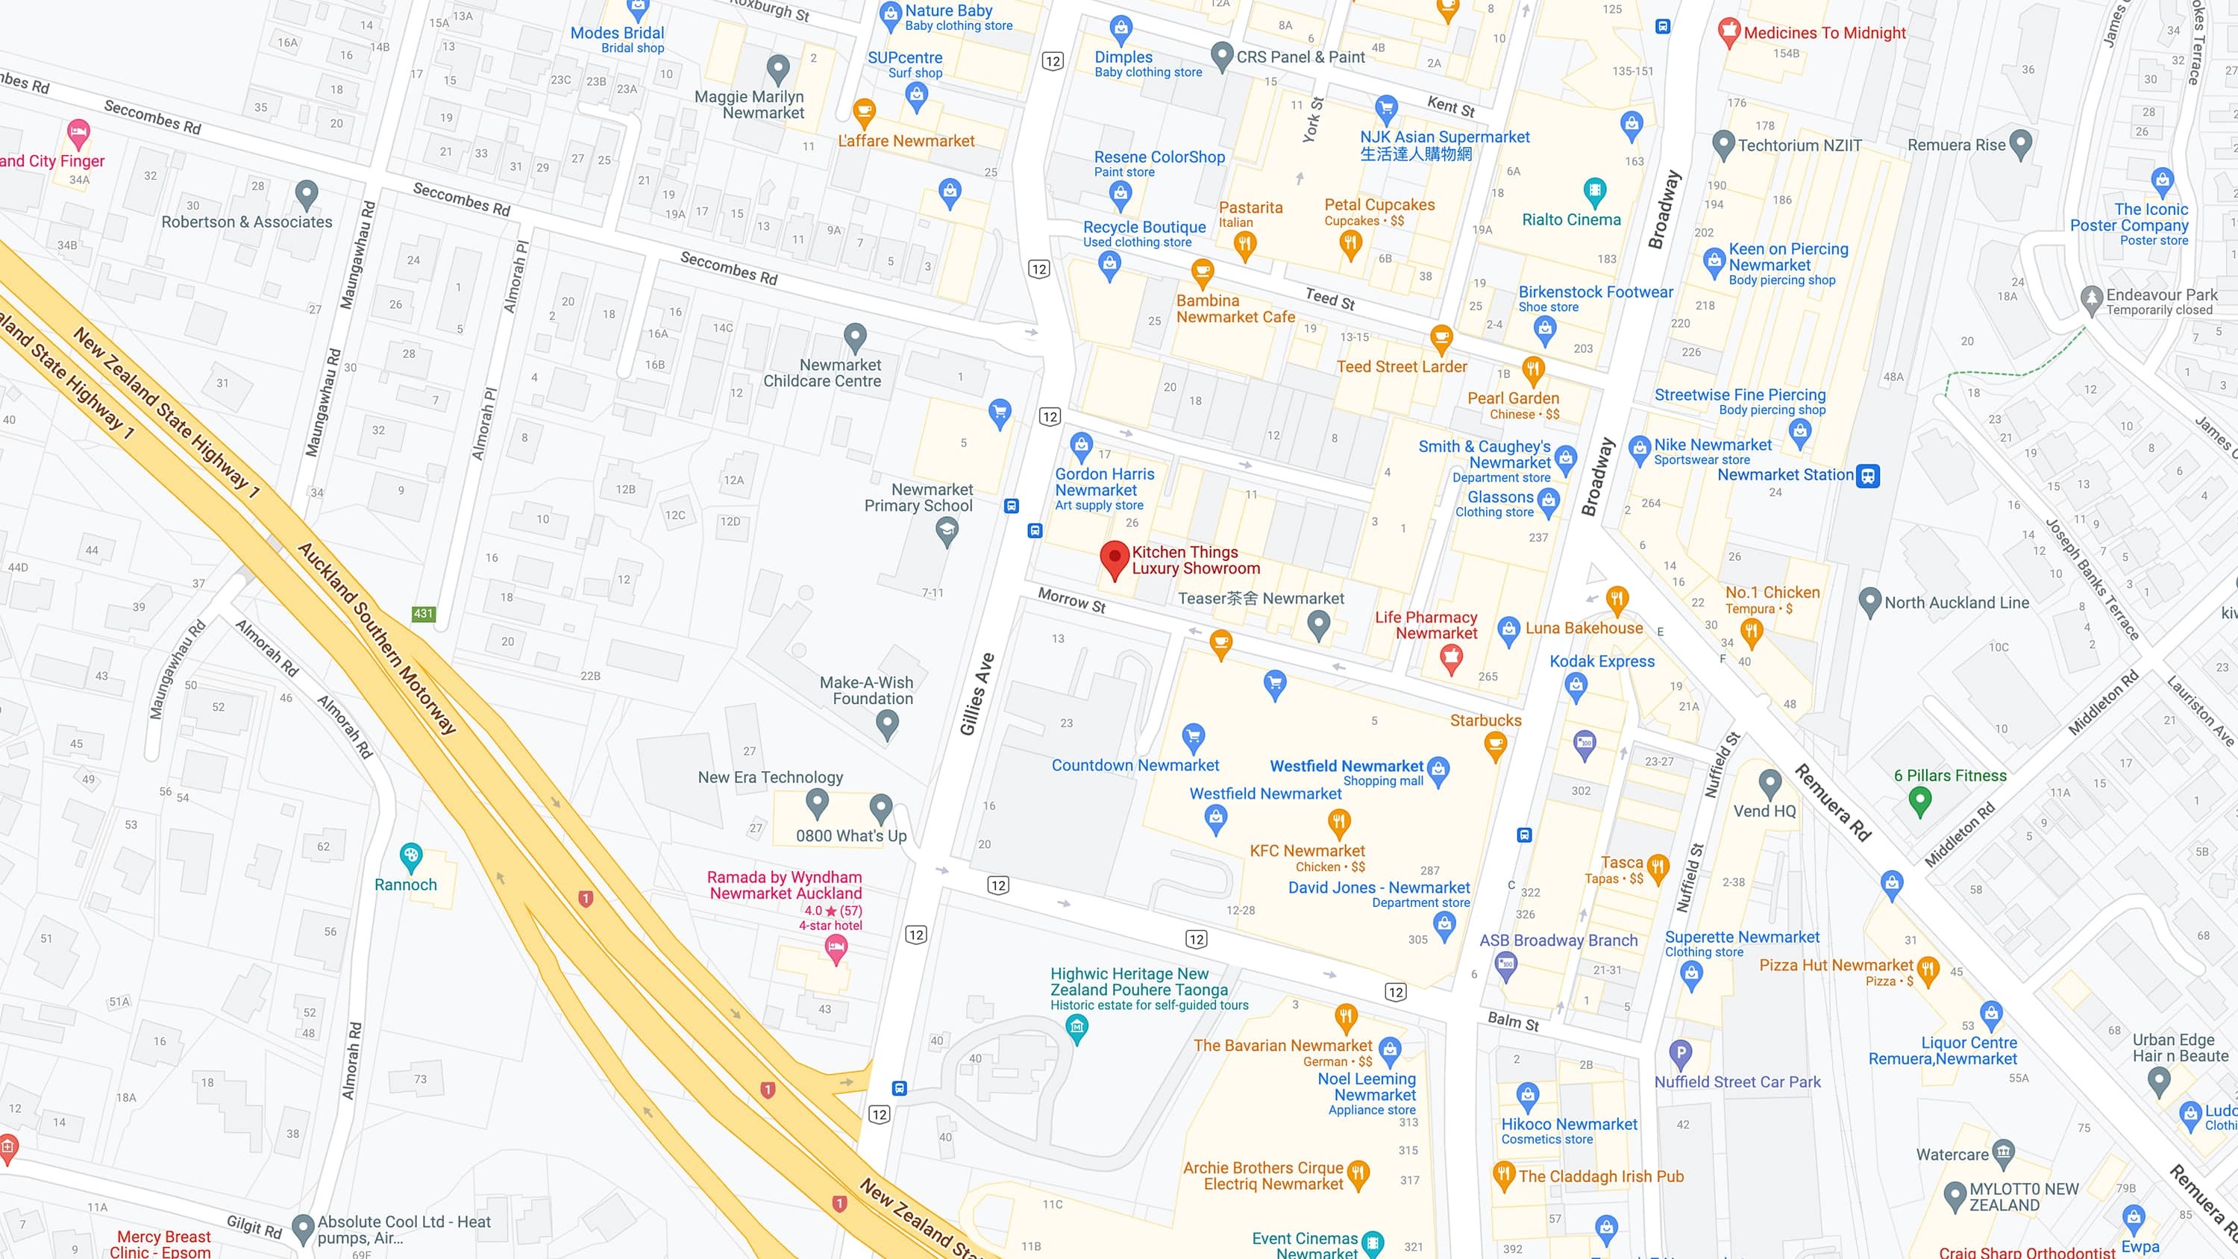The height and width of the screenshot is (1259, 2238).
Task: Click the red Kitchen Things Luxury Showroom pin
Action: (x=1114, y=559)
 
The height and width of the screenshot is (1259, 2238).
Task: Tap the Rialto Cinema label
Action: (x=1571, y=220)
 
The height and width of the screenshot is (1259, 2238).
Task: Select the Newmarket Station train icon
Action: (x=1868, y=475)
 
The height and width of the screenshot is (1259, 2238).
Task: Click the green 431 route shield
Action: (x=423, y=613)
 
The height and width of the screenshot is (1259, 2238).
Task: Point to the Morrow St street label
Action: (x=1072, y=600)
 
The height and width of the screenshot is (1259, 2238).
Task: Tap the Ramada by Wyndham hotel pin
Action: (x=836, y=949)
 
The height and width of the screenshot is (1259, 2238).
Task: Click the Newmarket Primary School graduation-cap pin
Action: (x=947, y=531)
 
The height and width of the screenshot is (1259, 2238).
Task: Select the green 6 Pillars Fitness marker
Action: (x=1920, y=800)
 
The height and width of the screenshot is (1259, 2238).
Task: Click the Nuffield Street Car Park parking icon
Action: (x=1680, y=1054)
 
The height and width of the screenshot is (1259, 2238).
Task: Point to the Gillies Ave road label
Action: (x=977, y=694)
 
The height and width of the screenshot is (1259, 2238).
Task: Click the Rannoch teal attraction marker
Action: (x=410, y=857)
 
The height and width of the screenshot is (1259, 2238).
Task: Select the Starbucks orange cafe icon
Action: (x=1495, y=744)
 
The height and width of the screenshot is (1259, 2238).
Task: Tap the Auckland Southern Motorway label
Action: (x=377, y=638)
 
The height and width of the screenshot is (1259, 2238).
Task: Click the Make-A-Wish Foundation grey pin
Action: (x=887, y=722)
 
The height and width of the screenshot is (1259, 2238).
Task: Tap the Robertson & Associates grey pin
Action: (x=306, y=194)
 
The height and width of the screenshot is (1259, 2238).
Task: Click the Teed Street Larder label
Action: (x=1401, y=367)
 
